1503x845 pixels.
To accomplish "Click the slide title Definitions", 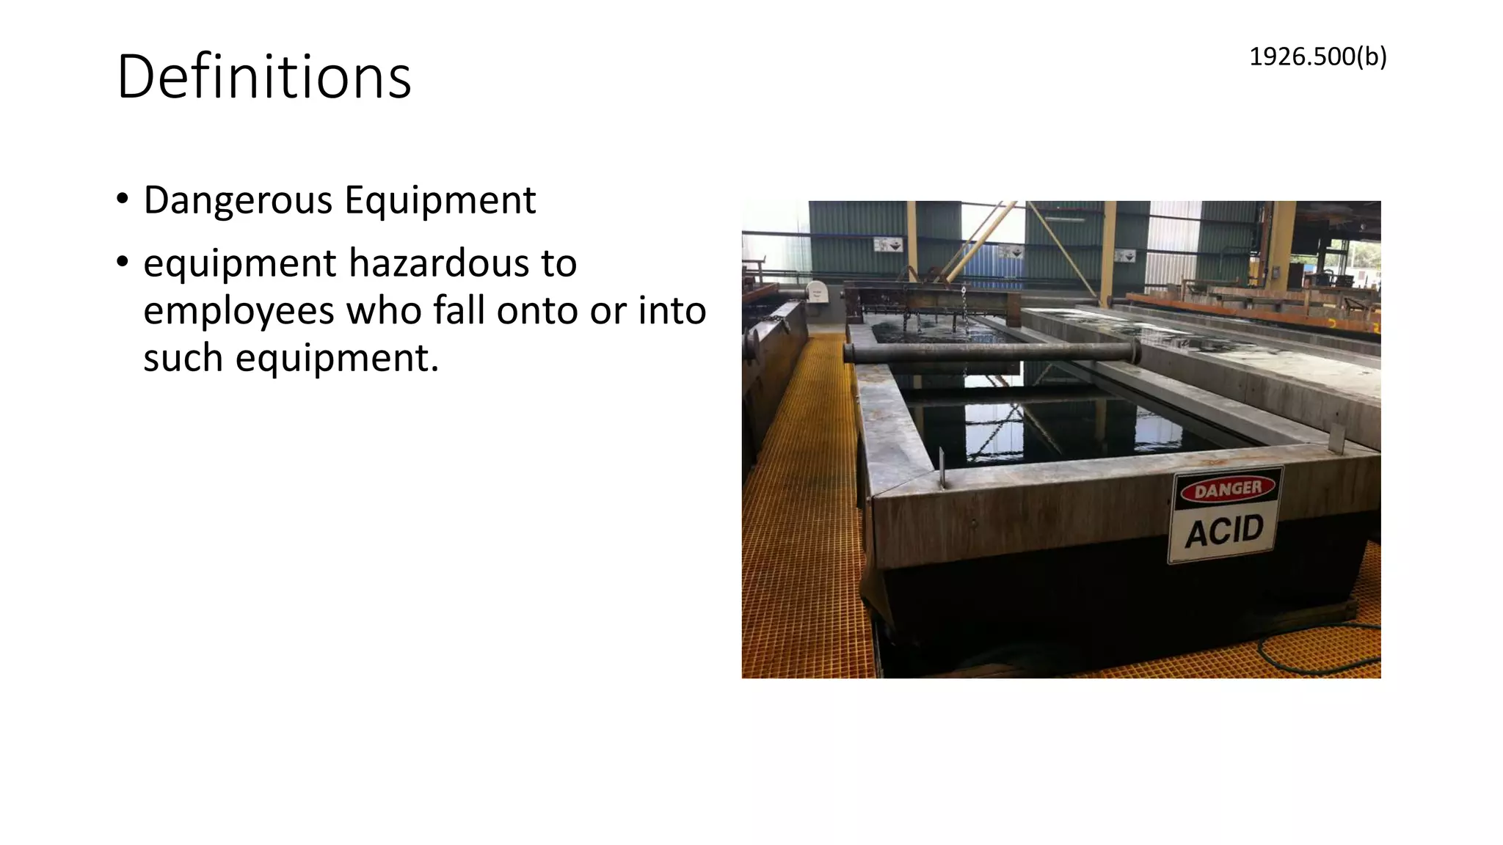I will pos(264,77).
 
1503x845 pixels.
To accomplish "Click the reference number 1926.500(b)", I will pos(1317,56).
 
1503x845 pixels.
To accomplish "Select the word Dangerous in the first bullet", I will pos(238,200).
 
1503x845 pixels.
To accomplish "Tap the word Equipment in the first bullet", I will pos(440,200).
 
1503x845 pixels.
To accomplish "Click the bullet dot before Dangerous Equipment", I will pos(123,199).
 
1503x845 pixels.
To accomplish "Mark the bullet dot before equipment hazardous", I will pos(123,262).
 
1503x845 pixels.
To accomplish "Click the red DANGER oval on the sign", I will pos(1228,489).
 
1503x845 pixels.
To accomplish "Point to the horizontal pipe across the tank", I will pos(991,353).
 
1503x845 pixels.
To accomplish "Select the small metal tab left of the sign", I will pos(942,467).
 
